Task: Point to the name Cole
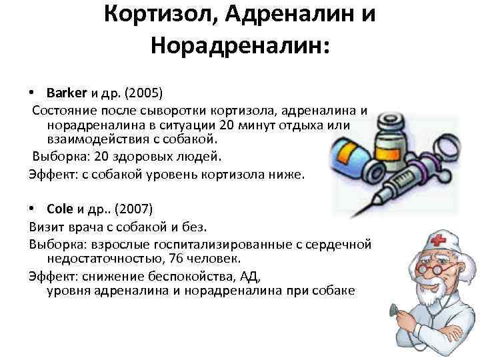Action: pyautogui.click(x=60, y=209)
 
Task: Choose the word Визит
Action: pyautogui.click(x=46, y=227)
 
